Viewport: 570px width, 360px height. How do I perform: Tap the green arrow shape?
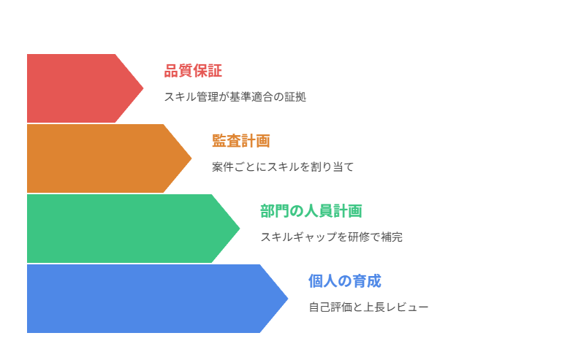[124, 229]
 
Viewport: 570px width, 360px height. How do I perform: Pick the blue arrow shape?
[146, 299]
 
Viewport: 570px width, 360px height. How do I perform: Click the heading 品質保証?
[193, 71]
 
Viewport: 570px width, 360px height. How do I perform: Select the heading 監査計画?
[241, 141]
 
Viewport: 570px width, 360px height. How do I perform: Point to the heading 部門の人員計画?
[311, 211]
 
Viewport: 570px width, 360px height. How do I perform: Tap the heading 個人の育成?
[345, 281]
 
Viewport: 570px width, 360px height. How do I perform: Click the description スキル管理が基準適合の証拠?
[235, 96]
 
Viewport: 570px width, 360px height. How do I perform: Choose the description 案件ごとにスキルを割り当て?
[283, 166]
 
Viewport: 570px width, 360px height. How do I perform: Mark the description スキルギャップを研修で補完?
[331, 237]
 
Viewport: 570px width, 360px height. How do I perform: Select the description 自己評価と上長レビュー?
[368, 307]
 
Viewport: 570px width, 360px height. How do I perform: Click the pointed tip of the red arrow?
[142, 88]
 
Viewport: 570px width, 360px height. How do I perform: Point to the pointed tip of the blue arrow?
[286, 299]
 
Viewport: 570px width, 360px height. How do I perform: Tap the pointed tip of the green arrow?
[238, 229]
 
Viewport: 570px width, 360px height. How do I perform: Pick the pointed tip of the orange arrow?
[190, 158]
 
